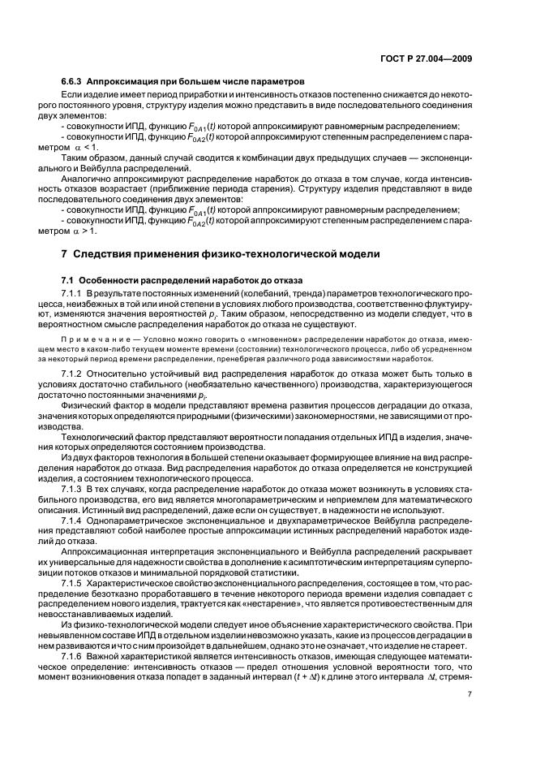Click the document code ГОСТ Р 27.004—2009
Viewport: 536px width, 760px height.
pyautogui.click(x=429, y=58)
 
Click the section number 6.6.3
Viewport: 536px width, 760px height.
pyautogui.click(x=72, y=82)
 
